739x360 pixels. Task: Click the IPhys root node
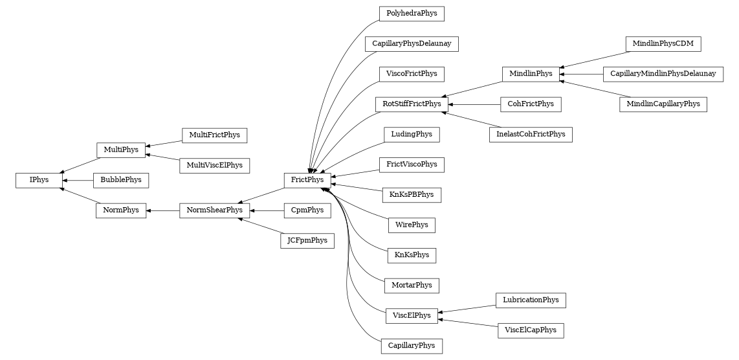(39, 180)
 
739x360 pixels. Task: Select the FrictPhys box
(307, 180)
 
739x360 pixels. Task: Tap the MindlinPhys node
(531, 74)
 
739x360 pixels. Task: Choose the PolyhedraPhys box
(412, 14)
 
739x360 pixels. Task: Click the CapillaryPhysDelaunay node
(412, 44)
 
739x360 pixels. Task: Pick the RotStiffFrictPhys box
(412, 104)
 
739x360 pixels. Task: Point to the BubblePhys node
(121, 180)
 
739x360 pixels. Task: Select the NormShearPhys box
(214, 210)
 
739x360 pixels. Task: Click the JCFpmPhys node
(307, 240)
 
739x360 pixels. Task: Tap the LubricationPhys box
(531, 300)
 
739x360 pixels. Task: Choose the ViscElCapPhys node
(531, 330)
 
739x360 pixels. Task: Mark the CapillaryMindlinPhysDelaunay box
(663, 74)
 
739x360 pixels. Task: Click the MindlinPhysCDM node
(663, 44)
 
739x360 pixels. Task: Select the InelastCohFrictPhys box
(531, 135)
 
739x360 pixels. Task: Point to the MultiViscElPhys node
(214, 165)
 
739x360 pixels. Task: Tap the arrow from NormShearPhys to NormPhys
(162, 210)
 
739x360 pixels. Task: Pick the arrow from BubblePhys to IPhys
(77, 181)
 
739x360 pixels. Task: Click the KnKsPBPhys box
(412, 194)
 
